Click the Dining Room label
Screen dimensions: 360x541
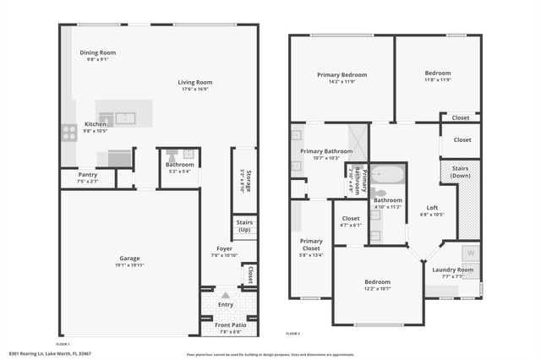pos(97,52)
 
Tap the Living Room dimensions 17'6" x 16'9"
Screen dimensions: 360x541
pos(194,90)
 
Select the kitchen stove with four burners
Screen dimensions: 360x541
pos(68,132)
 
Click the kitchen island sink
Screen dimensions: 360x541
pos(126,117)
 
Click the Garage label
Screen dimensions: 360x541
pos(129,258)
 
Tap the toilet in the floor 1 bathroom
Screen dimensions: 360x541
pos(172,155)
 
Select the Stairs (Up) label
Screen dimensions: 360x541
pos(243,226)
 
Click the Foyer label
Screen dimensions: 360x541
pos(223,248)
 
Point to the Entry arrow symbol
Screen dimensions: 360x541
pos(225,296)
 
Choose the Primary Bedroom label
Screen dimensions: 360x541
pos(342,74)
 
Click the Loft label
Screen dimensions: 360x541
pos(432,207)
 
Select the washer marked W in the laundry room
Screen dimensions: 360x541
pos(471,253)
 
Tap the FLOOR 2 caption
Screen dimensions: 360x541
pos(292,334)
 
